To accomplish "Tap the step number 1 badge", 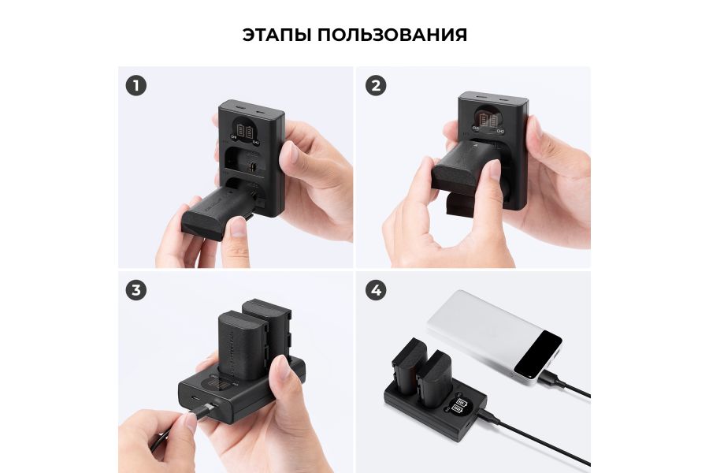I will coord(136,85).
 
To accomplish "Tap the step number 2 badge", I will coord(376,85).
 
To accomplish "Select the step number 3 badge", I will coord(136,290).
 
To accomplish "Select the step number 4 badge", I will coord(376,290).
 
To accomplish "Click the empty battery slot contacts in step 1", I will coord(251,167).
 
